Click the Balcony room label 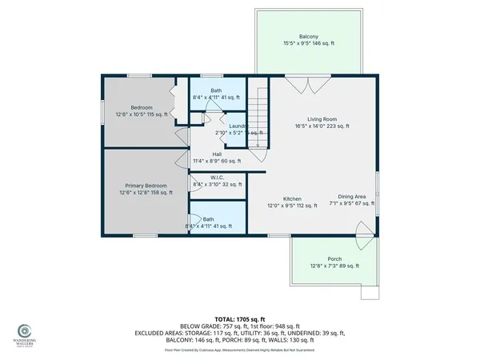[x=309, y=37]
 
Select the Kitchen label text [x=292, y=198]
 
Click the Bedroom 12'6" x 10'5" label [x=141, y=107]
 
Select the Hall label [x=217, y=154]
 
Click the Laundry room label [x=238, y=126]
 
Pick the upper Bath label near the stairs [x=217, y=90]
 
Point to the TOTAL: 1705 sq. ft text [x=240, y=319]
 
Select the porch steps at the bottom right [x=369, y=292]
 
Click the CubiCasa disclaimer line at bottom [x=240, y=350]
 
